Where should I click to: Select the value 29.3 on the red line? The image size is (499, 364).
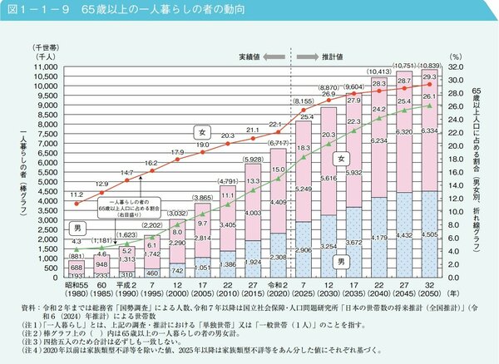tap(430, 75)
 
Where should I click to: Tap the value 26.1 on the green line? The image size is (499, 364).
tap(430, 96)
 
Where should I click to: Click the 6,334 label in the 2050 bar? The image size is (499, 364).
tap(429, 130)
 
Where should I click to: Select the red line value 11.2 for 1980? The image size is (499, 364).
tap(77, 190)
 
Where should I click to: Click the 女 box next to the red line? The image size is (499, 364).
tap(200, 131)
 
